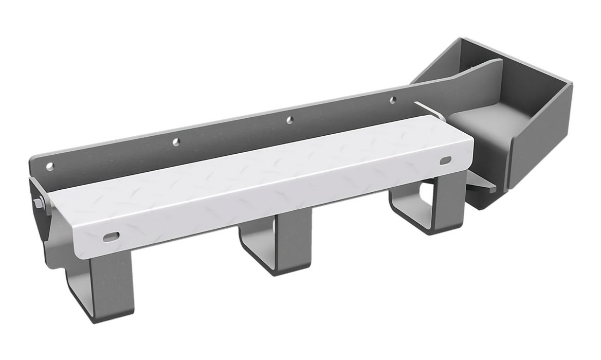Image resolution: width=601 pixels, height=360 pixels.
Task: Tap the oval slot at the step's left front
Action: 111,236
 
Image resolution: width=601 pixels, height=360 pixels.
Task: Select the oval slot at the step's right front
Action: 446,160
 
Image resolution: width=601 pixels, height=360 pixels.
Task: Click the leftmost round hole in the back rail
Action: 50,166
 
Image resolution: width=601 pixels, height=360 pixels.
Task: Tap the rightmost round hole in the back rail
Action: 393,99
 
